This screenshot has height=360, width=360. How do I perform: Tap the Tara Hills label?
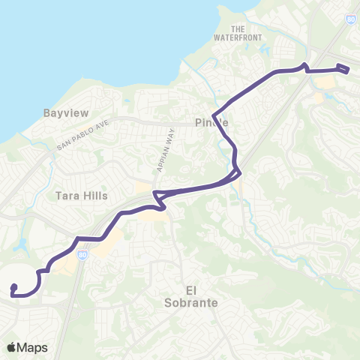point(82,196)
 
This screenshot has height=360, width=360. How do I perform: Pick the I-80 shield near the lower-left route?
point(82,255)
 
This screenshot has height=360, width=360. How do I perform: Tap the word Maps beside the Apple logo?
point(33,347)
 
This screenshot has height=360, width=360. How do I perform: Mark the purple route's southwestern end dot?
point(14,286)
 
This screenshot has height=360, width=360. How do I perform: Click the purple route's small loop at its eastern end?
point(343,69)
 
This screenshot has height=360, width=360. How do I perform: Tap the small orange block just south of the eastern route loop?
point(319,97)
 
